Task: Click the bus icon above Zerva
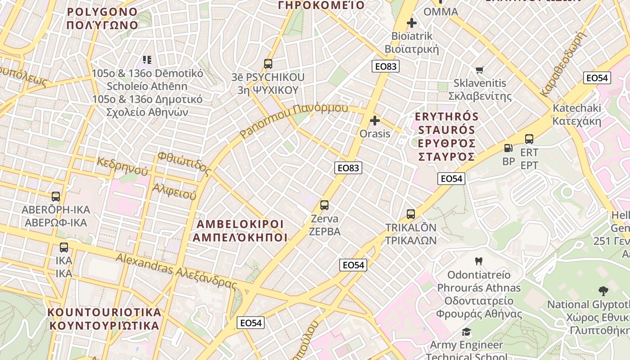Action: (x=324, y=205)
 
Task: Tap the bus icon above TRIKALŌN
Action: (x=411, y=214)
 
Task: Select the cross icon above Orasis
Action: (x=375, y=121)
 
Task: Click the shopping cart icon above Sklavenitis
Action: (x=480, y=70)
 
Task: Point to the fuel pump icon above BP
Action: (x=508, y=148)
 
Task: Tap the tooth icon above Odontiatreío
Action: (x=479, y=261)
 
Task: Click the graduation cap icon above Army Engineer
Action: (x=467, y=332)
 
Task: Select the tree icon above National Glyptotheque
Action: (x=603, y=291)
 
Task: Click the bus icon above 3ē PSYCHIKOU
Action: (x=268, y=64)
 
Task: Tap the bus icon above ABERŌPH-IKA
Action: (x=56, y=197)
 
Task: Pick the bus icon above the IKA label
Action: (x=64, y=247)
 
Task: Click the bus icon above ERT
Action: (x=529, y=139)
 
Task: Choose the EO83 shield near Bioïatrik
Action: (x=386, y=67)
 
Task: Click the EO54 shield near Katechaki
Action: (x=597, y=78)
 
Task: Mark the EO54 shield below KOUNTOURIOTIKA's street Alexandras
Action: (x=251, y=323)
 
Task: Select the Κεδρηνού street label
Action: (x=122, y=166)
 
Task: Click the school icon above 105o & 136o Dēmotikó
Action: (x=147, y=59)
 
